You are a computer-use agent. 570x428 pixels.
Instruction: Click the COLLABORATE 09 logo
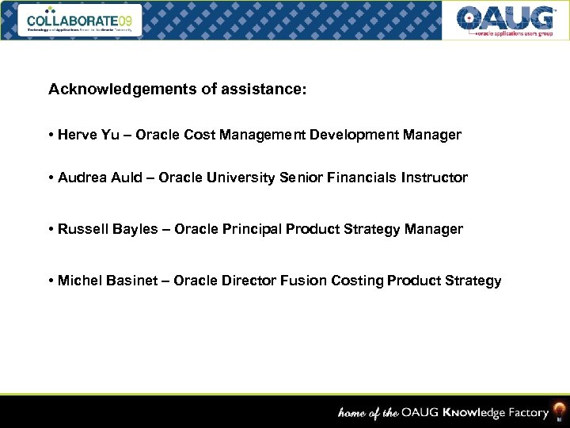pos(83,20)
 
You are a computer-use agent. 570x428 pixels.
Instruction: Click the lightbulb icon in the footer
pos(559,411)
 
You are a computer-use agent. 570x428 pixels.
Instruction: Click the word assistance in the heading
pos(266,90)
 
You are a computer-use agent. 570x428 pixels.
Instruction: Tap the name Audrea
pos(83,178)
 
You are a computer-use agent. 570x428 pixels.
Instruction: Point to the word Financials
pos(357,178)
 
